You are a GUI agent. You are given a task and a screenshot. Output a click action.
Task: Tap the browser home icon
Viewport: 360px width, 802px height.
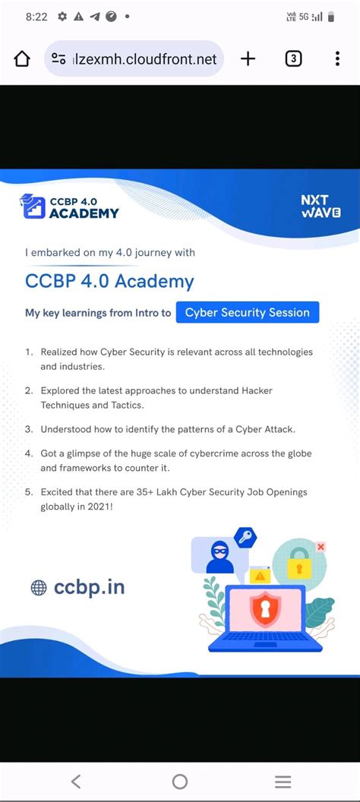(22, 59)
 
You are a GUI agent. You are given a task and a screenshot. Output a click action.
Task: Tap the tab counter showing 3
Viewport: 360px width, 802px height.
(293, 59)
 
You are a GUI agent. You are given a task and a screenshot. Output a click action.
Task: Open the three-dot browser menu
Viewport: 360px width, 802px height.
(337, 59)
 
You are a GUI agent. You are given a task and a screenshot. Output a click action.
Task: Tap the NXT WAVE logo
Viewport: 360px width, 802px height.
(320, 207)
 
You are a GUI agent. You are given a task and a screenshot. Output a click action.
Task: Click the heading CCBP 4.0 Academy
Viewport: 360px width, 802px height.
(109, 281)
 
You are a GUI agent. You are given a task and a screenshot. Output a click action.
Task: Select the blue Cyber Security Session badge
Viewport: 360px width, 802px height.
(248, 312)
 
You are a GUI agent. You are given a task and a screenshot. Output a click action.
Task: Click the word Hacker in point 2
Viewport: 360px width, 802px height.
(257, 390)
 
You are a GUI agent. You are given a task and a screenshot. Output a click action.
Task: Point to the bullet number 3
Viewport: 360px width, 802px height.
(28, 429)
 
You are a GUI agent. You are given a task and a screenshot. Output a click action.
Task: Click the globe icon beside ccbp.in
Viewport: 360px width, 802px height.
(38, 587)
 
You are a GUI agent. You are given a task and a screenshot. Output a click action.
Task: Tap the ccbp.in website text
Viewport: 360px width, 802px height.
(89, 587)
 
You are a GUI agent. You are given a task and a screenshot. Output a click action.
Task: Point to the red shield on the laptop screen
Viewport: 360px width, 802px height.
(265, 610)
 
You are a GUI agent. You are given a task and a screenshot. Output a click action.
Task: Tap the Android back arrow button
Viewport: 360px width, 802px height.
(75, 781)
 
